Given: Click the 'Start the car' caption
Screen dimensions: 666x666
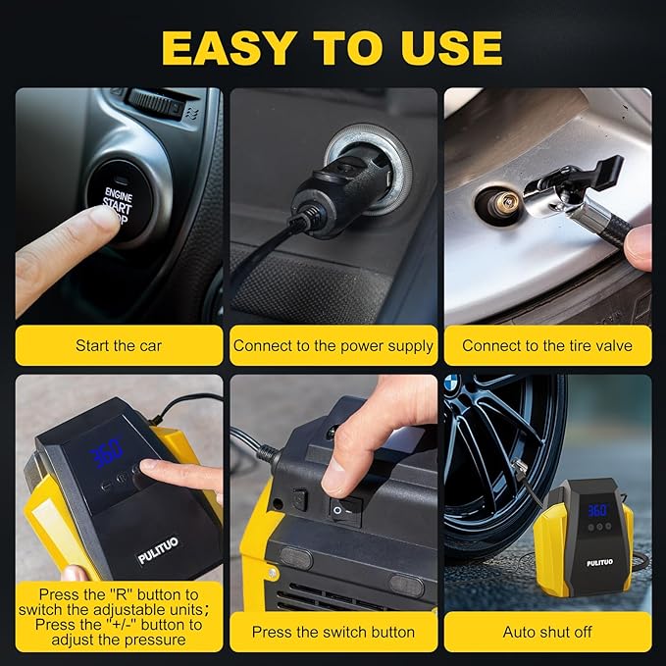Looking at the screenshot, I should point(119,345).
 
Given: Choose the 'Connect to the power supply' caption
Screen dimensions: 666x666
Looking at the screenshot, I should point(333,345).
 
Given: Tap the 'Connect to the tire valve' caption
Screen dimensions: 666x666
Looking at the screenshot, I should point(547,345).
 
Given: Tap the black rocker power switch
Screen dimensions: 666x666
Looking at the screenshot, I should point(344,507).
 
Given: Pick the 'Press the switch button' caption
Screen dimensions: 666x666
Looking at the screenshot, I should point(333,632).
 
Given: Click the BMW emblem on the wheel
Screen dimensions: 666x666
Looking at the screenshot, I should point(452,384).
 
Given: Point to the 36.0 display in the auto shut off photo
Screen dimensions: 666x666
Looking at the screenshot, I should point(597,510).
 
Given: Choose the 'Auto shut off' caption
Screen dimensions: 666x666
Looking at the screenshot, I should point(547,632).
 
